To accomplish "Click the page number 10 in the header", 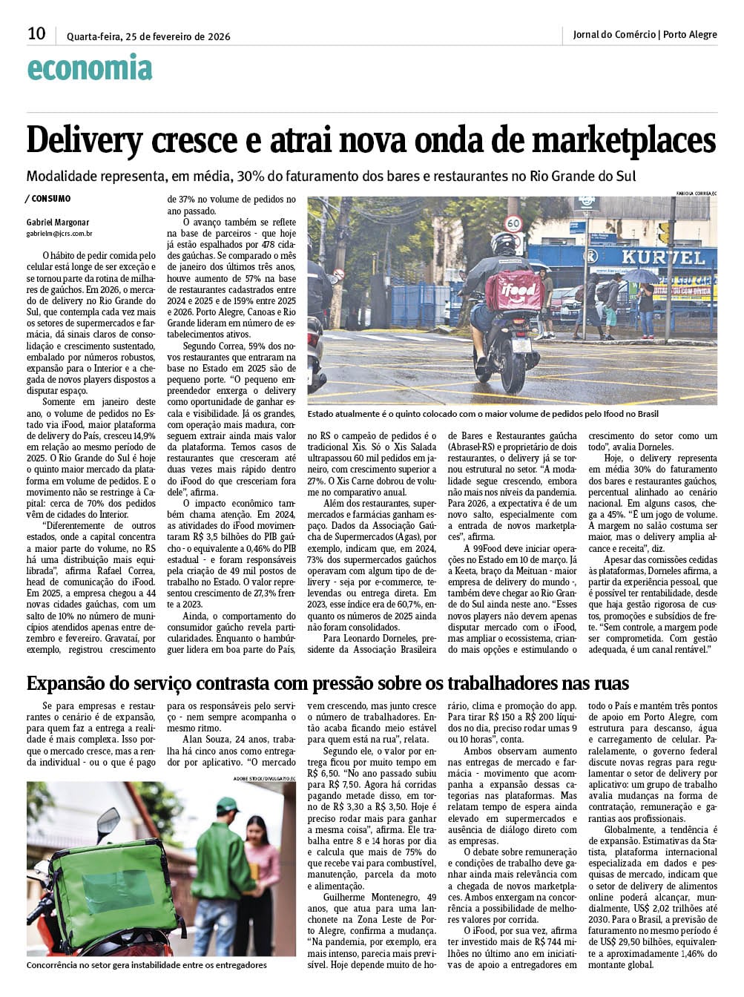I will (36, 33).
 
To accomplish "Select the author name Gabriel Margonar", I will (58, 223).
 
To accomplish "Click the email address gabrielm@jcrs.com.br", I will (59, 234).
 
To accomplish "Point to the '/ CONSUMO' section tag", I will (49, 199).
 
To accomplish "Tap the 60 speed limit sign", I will (513, 223).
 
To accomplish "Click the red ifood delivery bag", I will (514, 291).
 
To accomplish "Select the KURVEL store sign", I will (663, 257).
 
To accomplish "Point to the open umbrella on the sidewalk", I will (639, 276).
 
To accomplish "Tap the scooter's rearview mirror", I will (109, 822).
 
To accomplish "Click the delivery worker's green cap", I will (227, 805).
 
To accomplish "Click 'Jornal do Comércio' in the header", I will (614, 34).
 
